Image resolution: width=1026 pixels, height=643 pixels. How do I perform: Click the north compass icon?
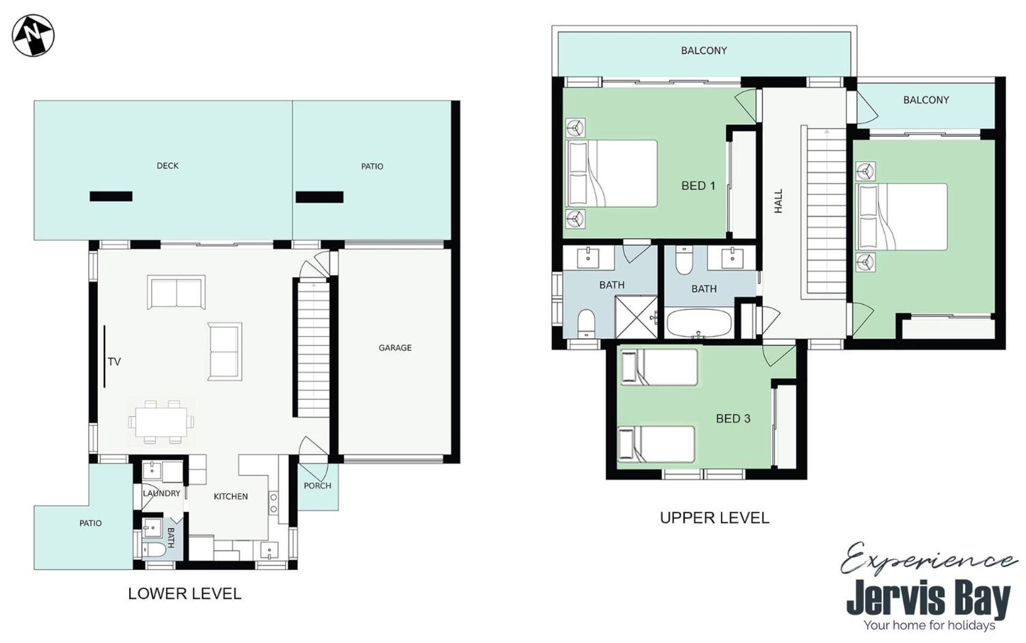33,35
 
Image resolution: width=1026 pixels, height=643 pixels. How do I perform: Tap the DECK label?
167,166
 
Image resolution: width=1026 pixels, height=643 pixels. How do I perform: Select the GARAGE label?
395,348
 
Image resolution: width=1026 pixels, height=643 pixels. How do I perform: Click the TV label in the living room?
114,362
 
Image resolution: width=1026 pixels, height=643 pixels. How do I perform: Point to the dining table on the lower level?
161,422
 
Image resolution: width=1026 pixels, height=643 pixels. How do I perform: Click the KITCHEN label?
231,496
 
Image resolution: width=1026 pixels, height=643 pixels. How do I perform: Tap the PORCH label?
317,485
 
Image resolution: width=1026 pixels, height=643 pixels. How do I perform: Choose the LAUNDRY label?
161,493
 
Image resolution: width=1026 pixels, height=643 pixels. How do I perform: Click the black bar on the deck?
111,197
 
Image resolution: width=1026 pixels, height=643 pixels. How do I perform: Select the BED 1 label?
698,186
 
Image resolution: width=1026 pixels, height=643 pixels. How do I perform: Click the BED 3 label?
733,419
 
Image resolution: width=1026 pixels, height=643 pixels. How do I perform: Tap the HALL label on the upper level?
779,201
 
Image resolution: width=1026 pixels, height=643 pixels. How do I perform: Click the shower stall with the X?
636,317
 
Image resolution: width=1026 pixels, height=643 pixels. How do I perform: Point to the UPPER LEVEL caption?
714,517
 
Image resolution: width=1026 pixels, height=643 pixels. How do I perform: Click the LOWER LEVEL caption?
185,593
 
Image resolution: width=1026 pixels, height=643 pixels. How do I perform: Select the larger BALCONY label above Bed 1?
704,51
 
